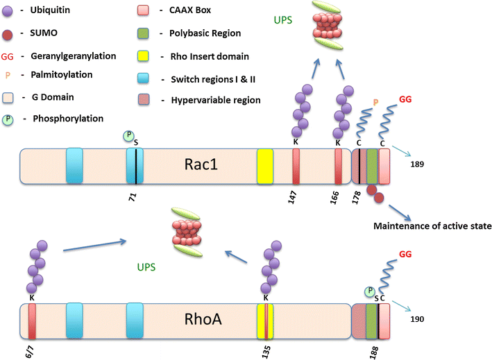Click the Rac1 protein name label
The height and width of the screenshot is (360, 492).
pos(200,166)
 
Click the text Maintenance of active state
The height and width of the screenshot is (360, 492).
pos(432,226)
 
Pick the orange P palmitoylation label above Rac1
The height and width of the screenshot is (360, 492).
pos(376,102)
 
